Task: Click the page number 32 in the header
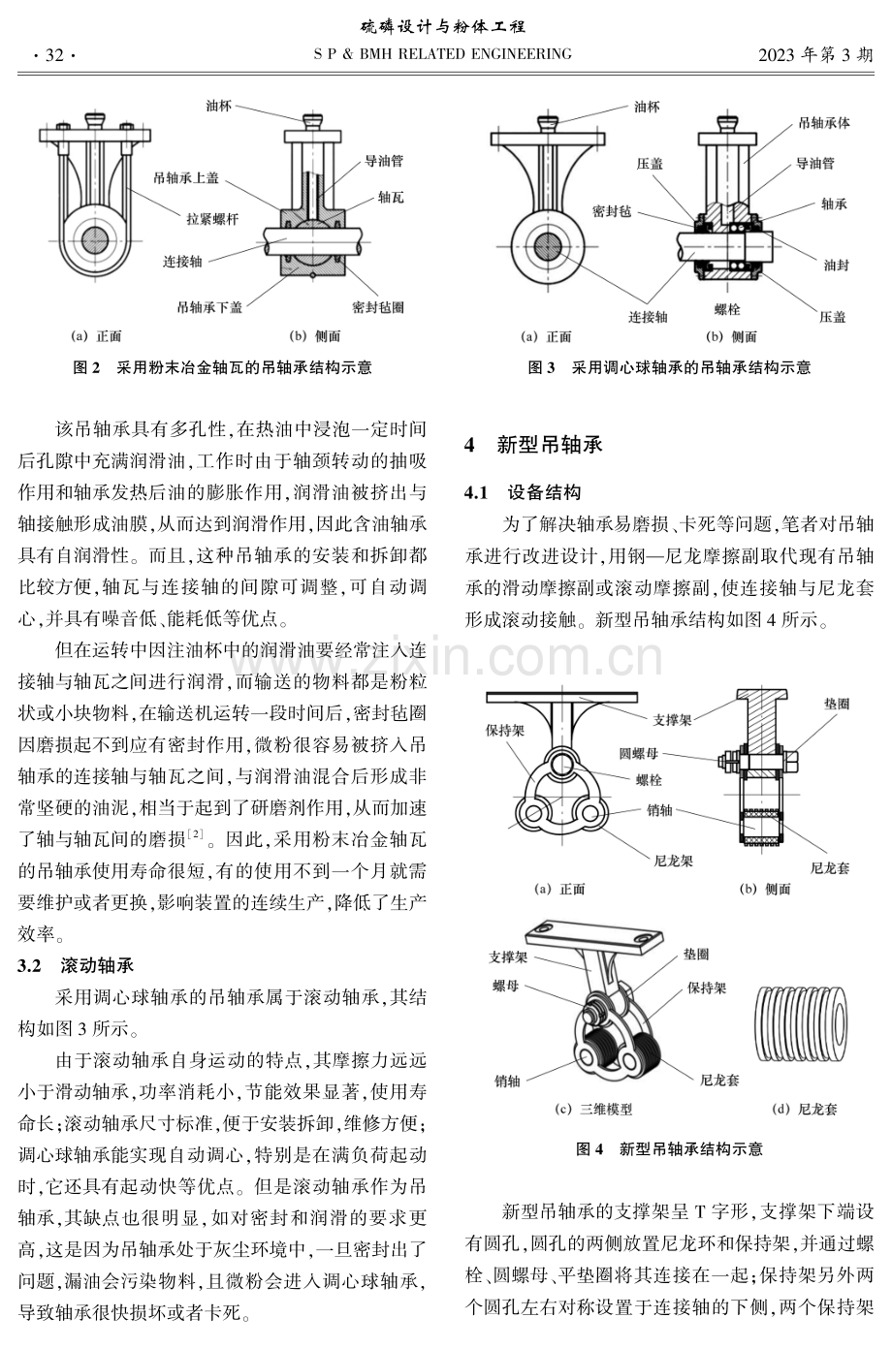[x=54, y=55]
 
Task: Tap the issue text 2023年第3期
[x=815, y=55]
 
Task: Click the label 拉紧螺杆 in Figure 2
[x=212, y=220]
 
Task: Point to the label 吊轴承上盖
[x=185, y=178]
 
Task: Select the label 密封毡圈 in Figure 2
[x=378, y=308]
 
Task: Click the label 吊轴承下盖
[x=209, y=308]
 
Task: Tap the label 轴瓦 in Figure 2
[x=391, y=198]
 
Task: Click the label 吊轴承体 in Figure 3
[x=824, y=123]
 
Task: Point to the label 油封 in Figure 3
[x=836, y=265]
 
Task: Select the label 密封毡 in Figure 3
[x=612, y=211]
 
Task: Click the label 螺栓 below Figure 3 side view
[x=727, y=309]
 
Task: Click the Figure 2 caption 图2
[x=86, y=367]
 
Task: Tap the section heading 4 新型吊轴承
[x=533, y=445]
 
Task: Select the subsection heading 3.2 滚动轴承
[x=76, y=965]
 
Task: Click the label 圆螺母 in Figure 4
[x=639, y=753]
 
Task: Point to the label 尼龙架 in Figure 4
[x=673, y=862]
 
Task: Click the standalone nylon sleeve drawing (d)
[x=801, y=1023]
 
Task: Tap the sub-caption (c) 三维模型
[x=593, y=1110]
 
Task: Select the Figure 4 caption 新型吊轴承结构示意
[x=690, y=1149]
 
